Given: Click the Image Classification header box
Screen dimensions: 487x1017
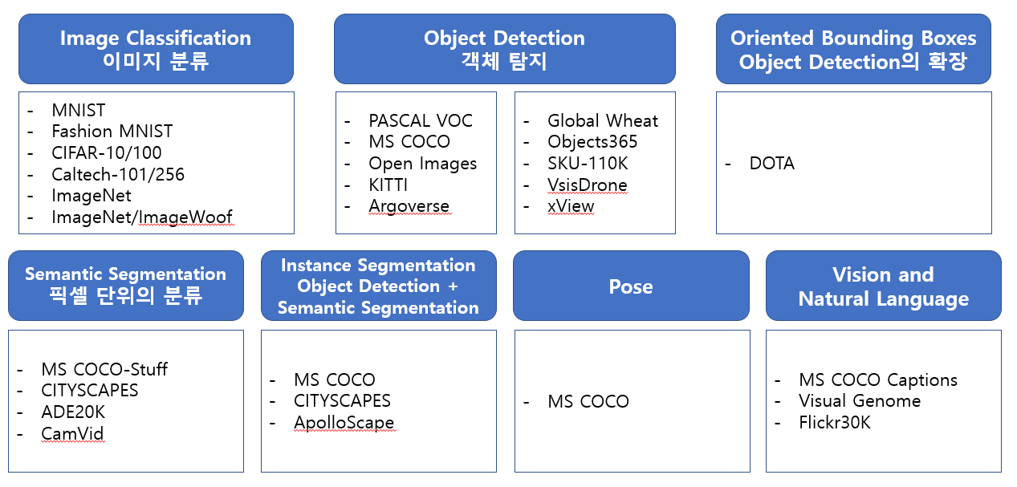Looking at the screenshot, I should point(156,49).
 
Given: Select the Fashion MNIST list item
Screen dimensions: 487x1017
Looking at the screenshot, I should point(112,132).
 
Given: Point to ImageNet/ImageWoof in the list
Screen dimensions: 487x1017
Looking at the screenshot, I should point(142,217).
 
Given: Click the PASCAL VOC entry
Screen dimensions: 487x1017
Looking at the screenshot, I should point(421,121).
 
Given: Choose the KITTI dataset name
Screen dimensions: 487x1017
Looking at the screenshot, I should point(388,185).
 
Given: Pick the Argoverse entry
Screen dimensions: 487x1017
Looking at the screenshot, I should point(409,206).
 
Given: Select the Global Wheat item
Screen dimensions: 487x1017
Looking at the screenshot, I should point(603,121).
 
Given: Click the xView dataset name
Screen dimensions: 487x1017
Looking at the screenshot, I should point(571,206).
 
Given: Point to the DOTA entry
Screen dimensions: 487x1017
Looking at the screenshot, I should point(771,164).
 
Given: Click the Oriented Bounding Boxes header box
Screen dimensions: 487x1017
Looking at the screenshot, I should point(853,49).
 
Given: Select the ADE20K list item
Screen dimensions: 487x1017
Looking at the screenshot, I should point(73,412).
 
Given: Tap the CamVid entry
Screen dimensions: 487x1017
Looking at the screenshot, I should point(72,434).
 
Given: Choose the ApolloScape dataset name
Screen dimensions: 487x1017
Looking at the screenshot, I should point(344,422).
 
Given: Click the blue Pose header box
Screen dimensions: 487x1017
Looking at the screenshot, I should point(631,286).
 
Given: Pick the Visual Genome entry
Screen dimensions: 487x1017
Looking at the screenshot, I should point(860,401).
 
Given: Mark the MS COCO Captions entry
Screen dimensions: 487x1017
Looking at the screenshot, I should point(878,380).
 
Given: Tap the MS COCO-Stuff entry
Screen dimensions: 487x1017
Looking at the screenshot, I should point(104,370).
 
